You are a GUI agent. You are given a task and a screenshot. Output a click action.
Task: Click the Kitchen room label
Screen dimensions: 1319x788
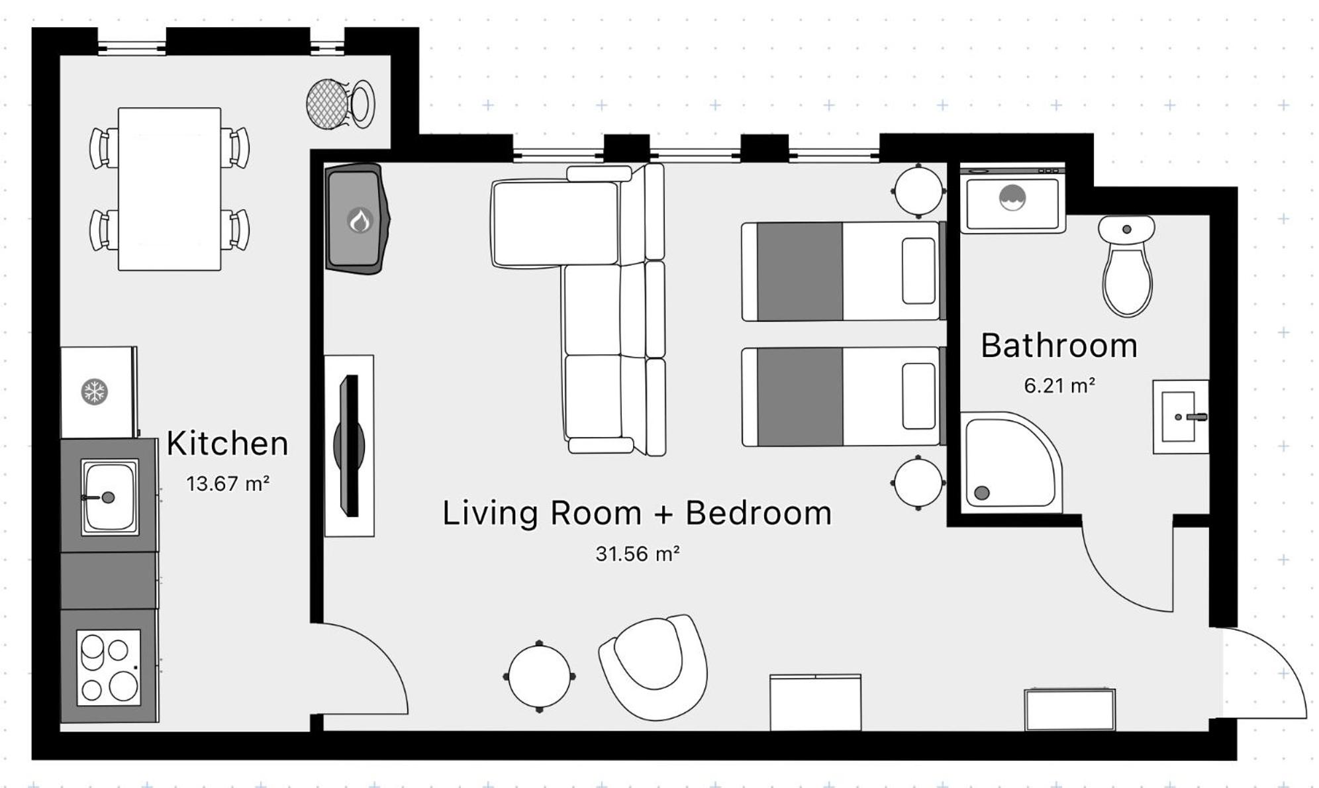[x=227, y=444]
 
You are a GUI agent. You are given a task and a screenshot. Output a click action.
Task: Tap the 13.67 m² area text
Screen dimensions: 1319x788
[x=228, y=484]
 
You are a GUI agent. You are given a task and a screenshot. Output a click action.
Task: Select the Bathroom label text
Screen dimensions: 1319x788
[x=1059, y=346]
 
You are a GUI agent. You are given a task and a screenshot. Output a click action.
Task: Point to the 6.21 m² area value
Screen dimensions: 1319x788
[x=1059, y=385]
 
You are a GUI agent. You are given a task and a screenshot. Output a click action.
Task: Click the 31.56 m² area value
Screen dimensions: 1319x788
[x=638, y=554]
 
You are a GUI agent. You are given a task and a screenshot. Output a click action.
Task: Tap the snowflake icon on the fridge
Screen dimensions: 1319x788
[x=95, y=391]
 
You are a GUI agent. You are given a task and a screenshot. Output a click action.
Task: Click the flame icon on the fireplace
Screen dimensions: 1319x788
[x=360, y=220]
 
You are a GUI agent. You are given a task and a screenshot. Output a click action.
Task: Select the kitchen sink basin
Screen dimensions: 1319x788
[x=110, y=497]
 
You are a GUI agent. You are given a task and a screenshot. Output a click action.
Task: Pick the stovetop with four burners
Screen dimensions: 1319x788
[x=109, y=667]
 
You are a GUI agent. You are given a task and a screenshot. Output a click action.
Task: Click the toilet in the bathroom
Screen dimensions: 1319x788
[x=1127, y=265]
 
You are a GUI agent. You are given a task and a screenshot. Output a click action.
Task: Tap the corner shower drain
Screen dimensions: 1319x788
[x=982, y=493]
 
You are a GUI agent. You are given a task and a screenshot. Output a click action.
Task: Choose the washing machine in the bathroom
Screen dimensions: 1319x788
[x=1012, y=198]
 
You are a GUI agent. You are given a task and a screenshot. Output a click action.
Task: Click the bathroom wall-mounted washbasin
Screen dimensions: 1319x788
[x=1181, y=417]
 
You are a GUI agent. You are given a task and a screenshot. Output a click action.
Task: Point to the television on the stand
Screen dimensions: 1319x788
[x=349, y=446]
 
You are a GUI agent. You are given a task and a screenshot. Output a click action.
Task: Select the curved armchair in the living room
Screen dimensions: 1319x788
[x=654, y=667]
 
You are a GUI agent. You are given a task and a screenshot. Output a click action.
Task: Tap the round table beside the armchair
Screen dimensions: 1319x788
[x=539, y=676]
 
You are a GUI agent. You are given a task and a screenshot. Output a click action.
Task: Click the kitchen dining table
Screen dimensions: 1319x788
[x=170, y=189]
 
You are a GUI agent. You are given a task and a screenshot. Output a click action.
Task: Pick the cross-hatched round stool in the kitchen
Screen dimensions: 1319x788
[x=328, y=104]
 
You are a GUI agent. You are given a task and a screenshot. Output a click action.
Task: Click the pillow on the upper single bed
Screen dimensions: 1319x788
[x=918, y=271]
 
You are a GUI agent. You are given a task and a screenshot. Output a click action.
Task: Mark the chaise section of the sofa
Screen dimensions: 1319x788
[x=556, y=223]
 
